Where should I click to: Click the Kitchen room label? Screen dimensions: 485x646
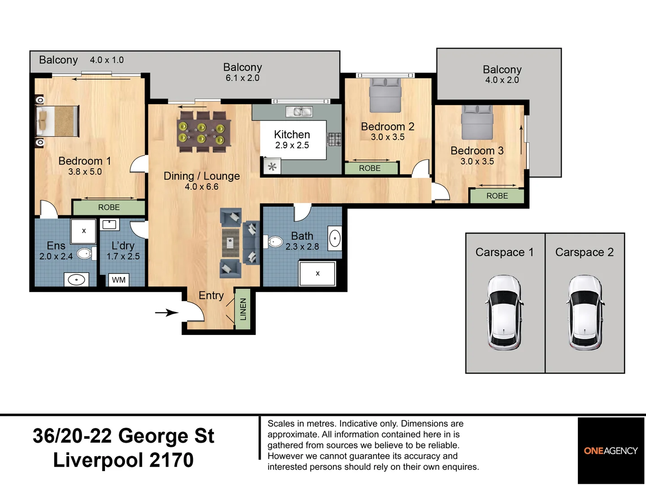[292, 134]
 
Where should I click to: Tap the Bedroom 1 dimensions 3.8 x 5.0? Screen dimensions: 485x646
[85, 172]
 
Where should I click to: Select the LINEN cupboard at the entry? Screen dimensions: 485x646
[243, 309]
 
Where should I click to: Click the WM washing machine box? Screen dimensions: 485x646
[118, 280]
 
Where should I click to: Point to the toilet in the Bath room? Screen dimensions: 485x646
[275, 242]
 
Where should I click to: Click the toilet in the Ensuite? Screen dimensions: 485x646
[85, 254]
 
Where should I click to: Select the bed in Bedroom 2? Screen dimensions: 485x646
[385, 95]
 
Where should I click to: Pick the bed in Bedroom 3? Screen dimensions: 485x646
[477, 122]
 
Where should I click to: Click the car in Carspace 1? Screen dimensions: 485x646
[505, 313]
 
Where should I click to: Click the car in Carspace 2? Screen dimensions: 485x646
[585, 313]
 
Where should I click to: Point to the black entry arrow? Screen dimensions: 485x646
[166, 313]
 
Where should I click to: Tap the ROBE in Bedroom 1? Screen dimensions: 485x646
[109, 207]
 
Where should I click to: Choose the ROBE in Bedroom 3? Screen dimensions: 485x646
[497, 196]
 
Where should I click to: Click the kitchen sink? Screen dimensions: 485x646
[299, 111]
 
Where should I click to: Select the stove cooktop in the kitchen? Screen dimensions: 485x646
[334, 139]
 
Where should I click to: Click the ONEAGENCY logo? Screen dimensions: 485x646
[611, 451]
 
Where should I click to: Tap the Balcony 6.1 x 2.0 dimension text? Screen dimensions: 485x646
[242, 78]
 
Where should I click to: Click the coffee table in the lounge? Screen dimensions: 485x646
[231, 242]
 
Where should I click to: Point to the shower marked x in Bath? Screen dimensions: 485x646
[317, 273]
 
